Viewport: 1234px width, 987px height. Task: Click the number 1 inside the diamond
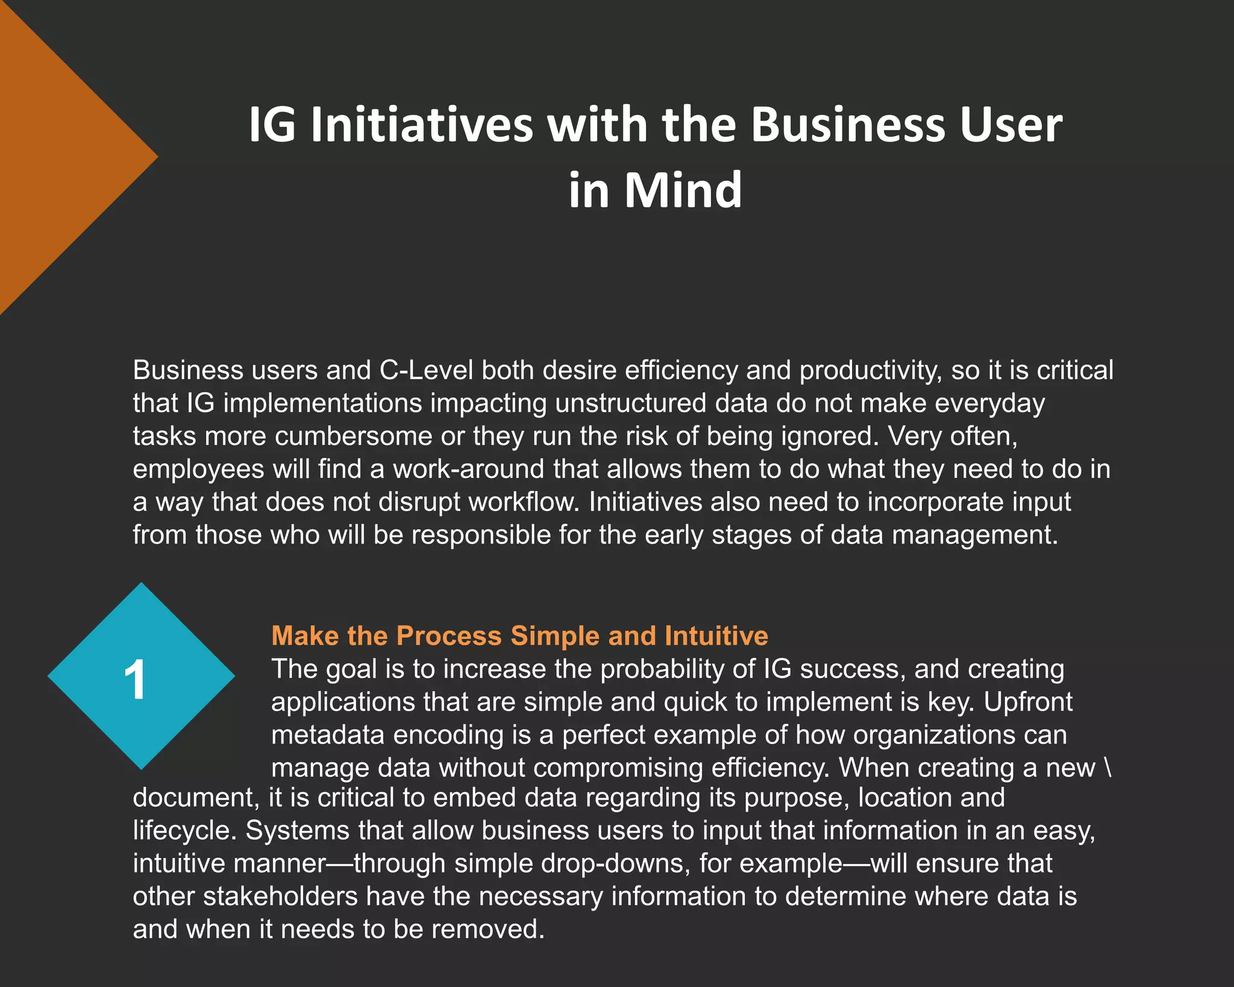135,680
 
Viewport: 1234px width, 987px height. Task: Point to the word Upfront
1028,702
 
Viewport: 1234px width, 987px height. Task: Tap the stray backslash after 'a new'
1108,768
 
